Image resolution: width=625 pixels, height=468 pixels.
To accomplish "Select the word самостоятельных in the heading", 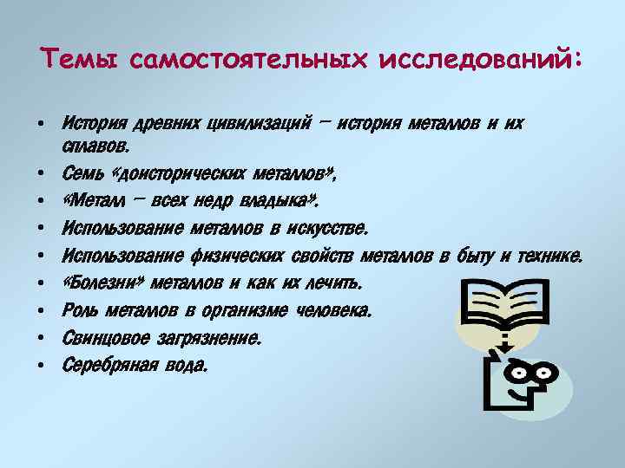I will (x=247, y=59).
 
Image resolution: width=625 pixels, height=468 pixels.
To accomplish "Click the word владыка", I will (x=276, y=202).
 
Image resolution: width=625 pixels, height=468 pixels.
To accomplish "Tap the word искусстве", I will (x=328, y=229).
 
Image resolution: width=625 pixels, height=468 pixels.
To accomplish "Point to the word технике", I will (x=550, y=256).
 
